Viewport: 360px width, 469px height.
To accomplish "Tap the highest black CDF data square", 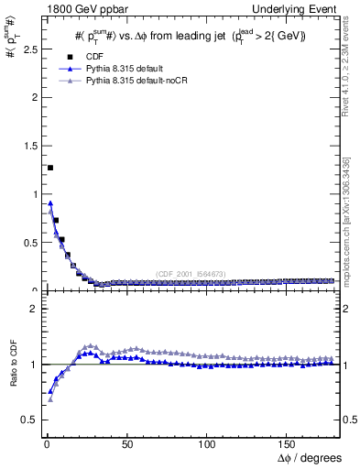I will click(x=49, y=168).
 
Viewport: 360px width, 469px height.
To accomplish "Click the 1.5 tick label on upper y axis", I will click(x=27, y=146).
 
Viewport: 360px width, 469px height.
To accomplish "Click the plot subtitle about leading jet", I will click(x=190, y=36).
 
